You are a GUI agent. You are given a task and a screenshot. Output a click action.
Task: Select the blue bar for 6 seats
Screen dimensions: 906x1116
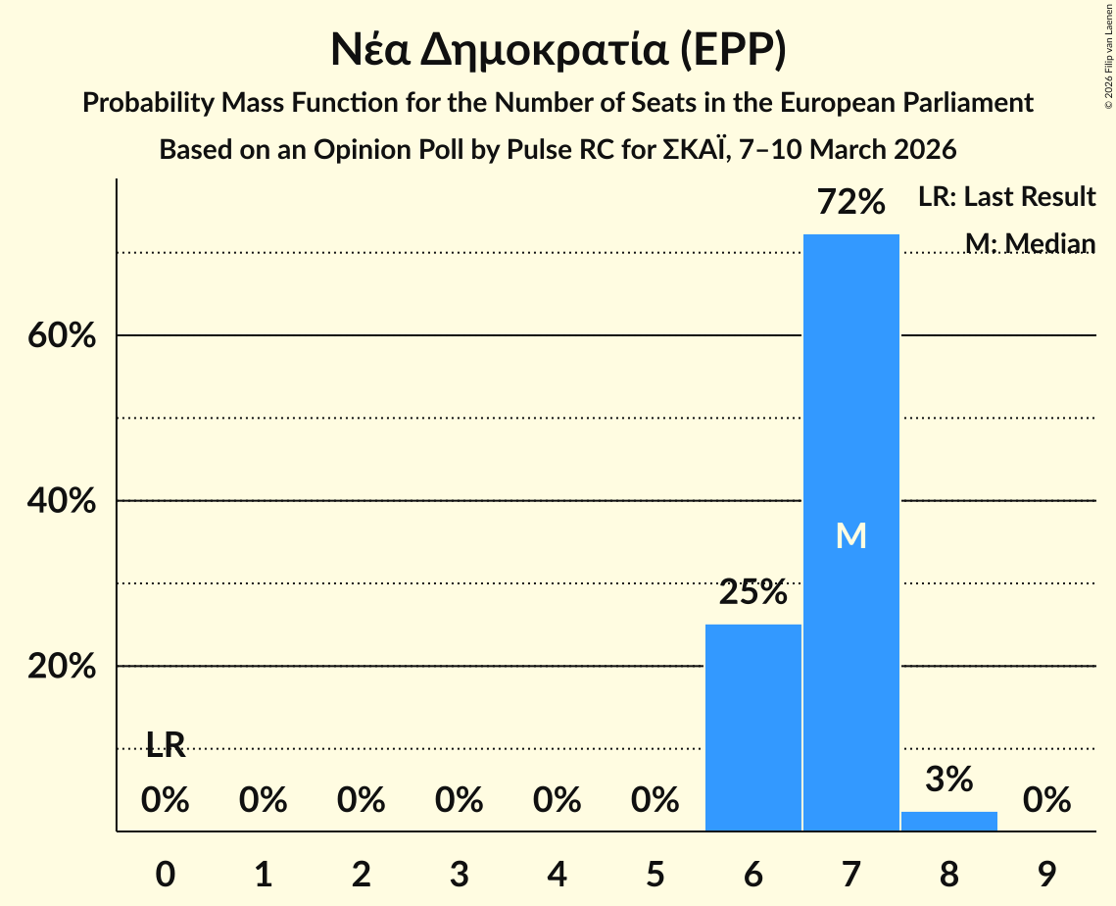click(x=752, y=727)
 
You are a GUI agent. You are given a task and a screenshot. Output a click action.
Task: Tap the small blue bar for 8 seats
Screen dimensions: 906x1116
click(x=948, y=821)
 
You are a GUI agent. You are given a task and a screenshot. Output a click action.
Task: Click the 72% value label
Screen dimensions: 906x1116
click(x=850, y=203)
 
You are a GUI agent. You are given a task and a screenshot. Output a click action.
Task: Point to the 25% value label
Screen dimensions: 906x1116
click(x=752, y=593)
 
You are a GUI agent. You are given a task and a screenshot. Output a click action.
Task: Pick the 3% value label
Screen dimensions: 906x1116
click(x=948, y=780)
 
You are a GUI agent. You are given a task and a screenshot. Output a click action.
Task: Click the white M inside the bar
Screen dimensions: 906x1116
click(x=850, y=535)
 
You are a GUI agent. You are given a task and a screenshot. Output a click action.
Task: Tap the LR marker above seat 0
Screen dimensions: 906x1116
click(x=166, y=745)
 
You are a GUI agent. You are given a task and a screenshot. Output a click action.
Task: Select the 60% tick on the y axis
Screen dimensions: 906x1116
click(x=61, y=335)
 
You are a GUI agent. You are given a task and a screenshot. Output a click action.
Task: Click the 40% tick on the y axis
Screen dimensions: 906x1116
click(x=61, y=501)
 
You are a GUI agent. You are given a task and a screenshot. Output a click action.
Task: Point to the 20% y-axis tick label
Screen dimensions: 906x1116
click(x=61, y=667)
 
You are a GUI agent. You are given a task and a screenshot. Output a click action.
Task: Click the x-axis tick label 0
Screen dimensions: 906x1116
click(x=166, y=874)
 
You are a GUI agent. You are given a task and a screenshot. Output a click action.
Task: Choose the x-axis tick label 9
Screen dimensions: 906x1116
click(x=1046, y=874)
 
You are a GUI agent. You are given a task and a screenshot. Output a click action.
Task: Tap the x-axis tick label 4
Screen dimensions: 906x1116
click(x=557, y=874)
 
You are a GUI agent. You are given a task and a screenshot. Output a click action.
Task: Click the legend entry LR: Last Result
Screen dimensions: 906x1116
click(x=1006, y=197)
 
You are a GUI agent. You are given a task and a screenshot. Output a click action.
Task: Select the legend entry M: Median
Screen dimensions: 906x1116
click(x=1029, y=242)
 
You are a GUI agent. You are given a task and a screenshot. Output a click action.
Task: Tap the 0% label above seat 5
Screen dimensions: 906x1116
click(x=655, y=800)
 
